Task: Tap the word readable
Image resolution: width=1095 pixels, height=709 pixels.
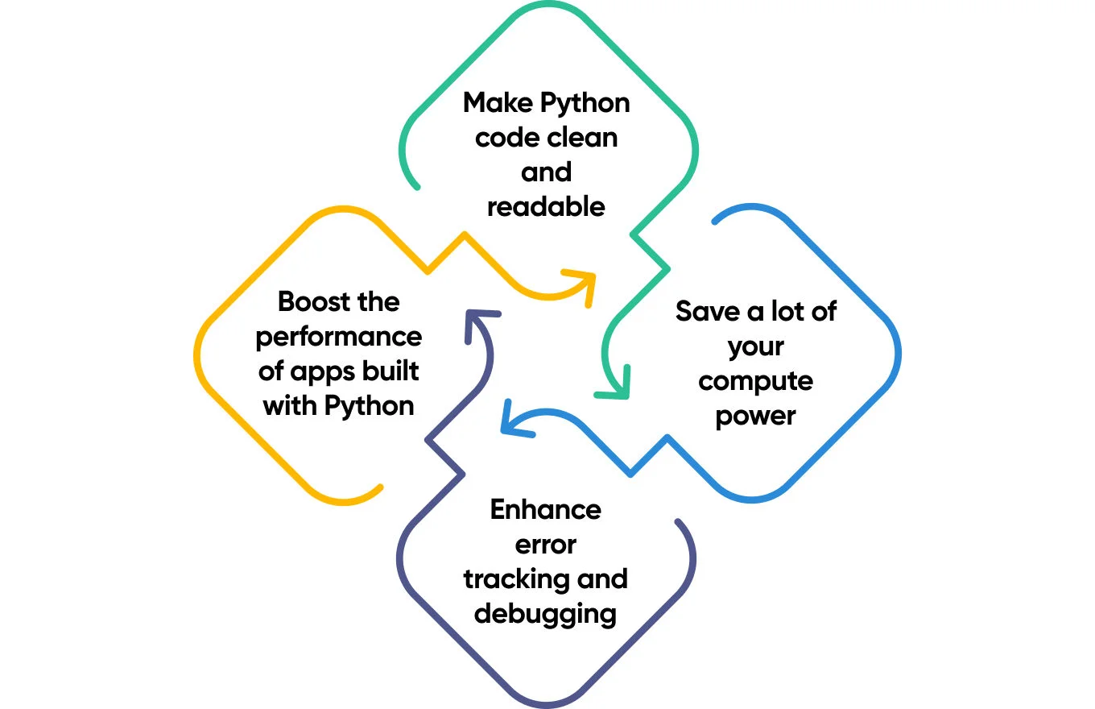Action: click(x=546, y=207)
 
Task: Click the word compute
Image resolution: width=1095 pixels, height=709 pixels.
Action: click(x=755, y=380)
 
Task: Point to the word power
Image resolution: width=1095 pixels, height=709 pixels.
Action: click(x=755, y=416)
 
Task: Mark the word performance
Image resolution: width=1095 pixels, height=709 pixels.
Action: click(x=338, y=336)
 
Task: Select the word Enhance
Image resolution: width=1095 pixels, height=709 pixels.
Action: click(x=546, y=509)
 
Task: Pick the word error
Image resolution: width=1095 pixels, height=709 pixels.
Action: click(x=546, y=545)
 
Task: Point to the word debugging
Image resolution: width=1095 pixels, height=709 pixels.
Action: click(x=546, y=614)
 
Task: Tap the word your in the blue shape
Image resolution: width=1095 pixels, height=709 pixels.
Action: click(x=755, y=346)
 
